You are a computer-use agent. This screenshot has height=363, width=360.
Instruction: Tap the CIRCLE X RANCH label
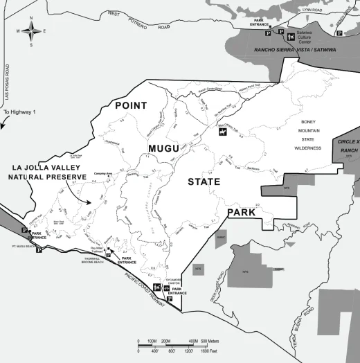345,148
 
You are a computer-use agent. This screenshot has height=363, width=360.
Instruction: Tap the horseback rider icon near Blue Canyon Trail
222,134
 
